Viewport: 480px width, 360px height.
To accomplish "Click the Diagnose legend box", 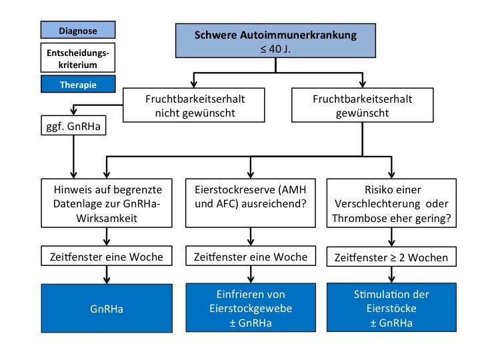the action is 78,30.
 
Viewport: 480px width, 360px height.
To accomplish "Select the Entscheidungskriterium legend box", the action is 78,57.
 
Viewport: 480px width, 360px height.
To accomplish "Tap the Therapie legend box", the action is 78,84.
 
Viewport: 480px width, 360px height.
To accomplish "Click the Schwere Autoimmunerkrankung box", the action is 275,41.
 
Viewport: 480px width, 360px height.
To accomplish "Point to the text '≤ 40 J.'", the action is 275,49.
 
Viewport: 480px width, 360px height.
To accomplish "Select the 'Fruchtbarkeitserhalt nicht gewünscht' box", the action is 194,105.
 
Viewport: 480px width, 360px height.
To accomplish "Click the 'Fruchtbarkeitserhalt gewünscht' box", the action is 363,105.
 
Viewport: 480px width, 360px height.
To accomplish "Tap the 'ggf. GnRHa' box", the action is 73,125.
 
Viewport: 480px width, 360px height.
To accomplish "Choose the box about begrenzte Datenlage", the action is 107,203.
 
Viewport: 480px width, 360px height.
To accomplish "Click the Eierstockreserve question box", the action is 251,203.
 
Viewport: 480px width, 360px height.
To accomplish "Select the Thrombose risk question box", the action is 391,203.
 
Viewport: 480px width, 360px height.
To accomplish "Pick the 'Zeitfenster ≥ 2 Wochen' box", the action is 391,257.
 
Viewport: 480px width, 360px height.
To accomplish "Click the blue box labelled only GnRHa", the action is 107,308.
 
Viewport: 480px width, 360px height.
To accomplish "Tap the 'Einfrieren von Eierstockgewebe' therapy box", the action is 251,307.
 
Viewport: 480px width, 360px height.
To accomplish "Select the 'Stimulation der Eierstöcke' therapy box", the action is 391,307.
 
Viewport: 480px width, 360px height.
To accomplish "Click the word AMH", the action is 294,190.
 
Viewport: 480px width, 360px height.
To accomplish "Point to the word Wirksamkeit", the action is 107,218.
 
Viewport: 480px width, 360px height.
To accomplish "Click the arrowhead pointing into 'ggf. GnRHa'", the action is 73,111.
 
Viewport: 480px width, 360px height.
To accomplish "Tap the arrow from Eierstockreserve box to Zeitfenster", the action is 251,237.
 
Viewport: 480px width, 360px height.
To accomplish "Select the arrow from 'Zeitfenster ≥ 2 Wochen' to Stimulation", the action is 391,275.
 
